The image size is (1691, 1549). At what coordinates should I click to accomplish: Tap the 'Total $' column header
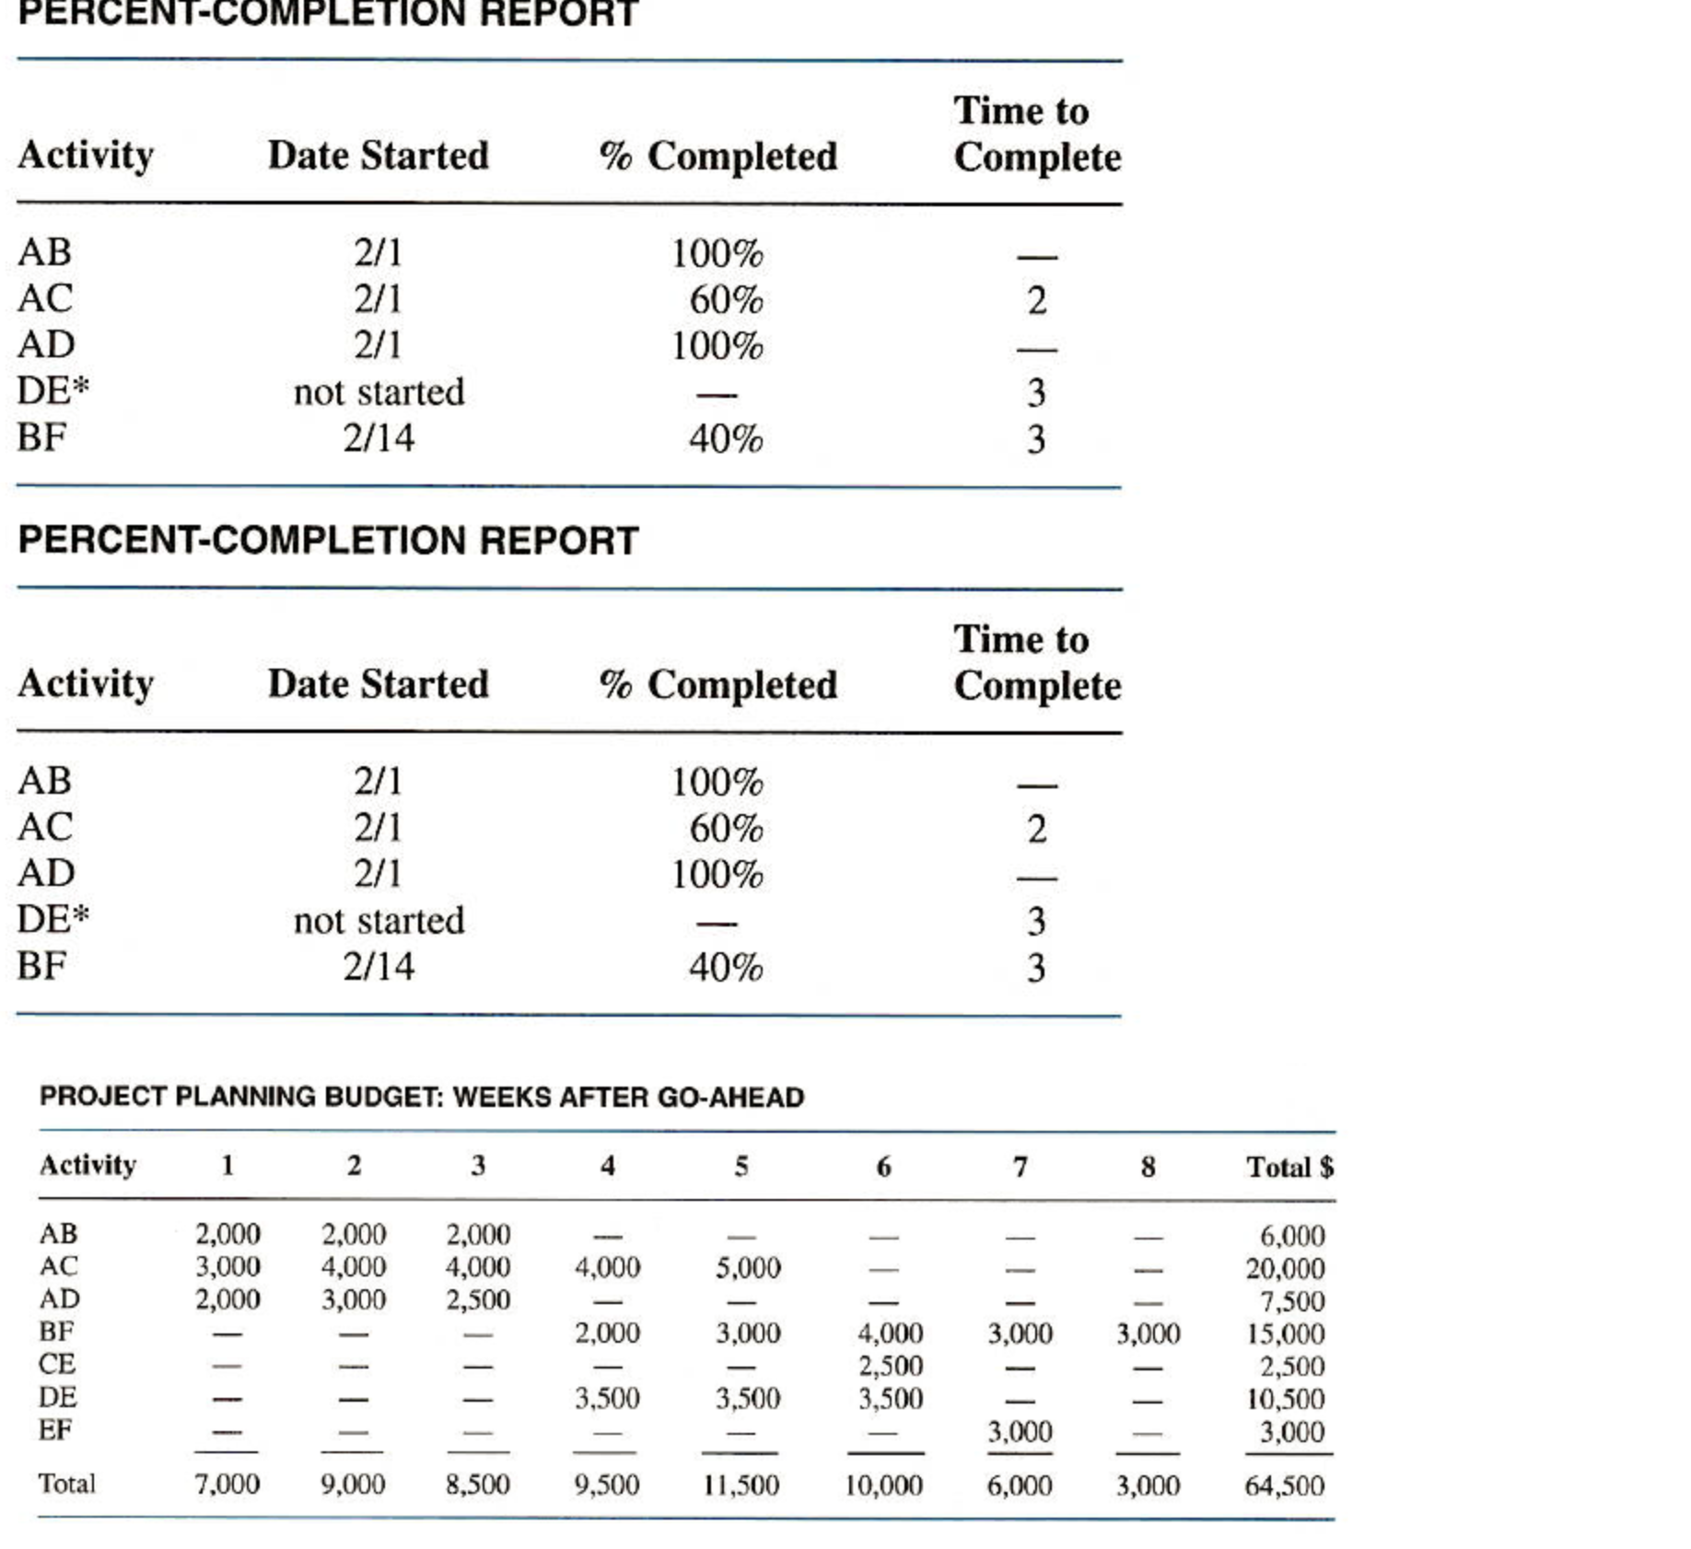click(1289, 1167)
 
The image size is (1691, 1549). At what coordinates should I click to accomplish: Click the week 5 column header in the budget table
click(741, 1167)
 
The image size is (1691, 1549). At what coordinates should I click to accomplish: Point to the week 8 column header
click(1148, 1167)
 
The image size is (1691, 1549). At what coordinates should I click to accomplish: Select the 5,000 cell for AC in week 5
click(748, 1268)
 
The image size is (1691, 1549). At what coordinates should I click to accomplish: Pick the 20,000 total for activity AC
click(1285, 1269)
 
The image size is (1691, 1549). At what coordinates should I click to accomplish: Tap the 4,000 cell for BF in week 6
click(890, 1334)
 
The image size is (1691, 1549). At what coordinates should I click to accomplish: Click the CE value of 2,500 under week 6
click(891, 1366)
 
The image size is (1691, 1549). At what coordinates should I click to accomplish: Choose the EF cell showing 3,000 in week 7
click(1020, 1432)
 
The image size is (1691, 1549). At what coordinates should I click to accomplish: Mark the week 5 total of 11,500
click(741, 1485)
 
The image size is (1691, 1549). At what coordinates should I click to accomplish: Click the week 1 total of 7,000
click(227, 1484)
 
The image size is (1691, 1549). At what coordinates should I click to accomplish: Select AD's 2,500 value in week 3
click(478, 1300)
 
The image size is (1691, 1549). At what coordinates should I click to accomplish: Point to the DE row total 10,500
click(1285, 1400)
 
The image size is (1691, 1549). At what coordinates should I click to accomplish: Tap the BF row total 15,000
click(1285, 1334)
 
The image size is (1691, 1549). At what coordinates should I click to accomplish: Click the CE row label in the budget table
click(57, 1364)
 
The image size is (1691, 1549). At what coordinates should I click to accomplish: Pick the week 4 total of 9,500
click(606, 1485)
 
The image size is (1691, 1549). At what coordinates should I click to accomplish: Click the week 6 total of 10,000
click(883, 1485)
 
